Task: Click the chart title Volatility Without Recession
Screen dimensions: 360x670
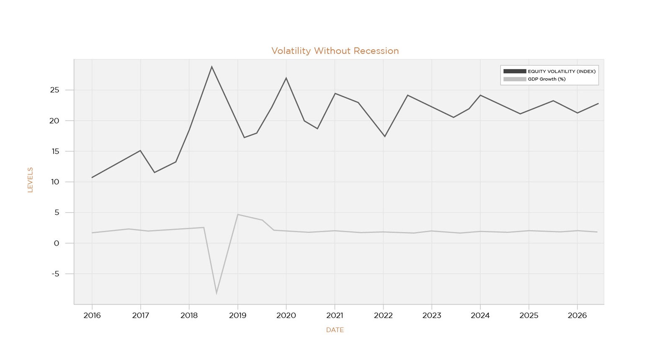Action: click(335, 51)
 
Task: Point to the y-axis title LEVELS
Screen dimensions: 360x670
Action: click(30, 180)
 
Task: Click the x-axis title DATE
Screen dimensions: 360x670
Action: click(335, 330)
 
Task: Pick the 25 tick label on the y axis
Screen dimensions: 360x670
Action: click(55, 90)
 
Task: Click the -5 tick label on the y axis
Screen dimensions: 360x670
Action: click(56, 274)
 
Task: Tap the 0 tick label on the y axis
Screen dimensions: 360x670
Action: click(57, 243)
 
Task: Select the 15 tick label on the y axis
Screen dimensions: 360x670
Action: click(55, 151)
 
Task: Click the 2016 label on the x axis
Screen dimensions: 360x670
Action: click(92, 316)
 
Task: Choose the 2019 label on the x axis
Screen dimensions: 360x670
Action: click(237, 316)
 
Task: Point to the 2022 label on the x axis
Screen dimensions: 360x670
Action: click(383, 316)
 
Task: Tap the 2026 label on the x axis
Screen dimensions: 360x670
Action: click(577, 316)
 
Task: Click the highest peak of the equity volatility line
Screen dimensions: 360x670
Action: click(211, 67)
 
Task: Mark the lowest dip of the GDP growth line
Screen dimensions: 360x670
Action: click(216, 293)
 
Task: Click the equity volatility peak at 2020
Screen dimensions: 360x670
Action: click(286, 78)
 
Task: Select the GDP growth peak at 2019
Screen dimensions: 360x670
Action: click(237, 215)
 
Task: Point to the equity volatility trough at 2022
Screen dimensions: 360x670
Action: click(384, 136)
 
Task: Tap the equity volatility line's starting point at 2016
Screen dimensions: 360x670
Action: click(92, 177)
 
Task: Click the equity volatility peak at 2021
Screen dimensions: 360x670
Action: click(335, 93)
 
